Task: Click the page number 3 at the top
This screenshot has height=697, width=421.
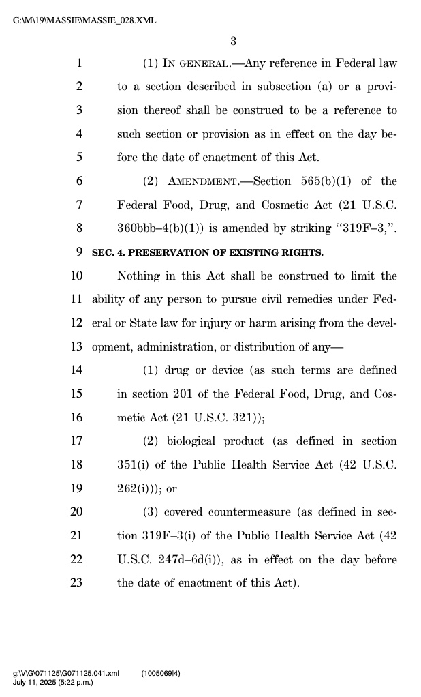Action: (x=233, y=41)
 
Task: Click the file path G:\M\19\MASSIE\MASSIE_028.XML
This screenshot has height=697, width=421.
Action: (x=84, y=20)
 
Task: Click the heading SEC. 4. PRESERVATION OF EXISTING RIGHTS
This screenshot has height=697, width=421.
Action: (x=208, y=252)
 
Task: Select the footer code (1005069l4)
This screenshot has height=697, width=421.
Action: (x=161, y=674)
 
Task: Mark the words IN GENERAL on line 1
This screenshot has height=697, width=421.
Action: (x=201, y=63)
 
